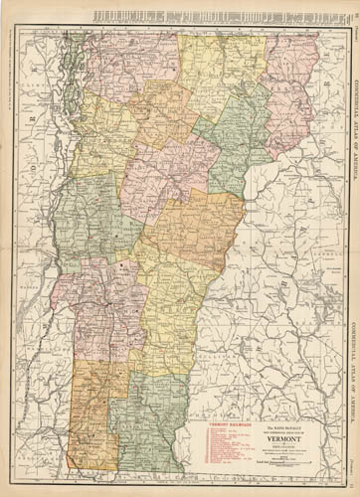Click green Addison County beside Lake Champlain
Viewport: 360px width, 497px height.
click(85, 214)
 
